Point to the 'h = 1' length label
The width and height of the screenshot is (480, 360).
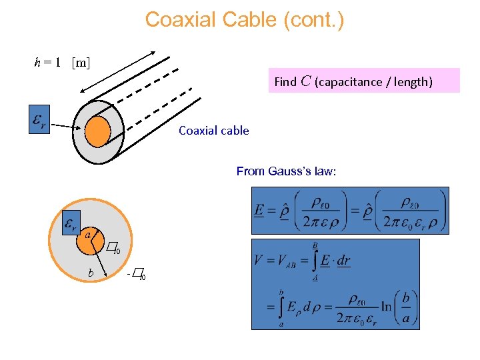click(48, 63)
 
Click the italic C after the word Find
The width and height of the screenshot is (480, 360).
click(305, 81)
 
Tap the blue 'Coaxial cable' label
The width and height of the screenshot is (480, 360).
click(213, 131)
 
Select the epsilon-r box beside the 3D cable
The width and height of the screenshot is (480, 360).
click(39, 119)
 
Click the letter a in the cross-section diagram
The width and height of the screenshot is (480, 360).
click(87, 234)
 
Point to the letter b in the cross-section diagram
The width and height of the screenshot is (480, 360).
click(91, 273)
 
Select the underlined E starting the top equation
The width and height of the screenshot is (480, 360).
click(259, 210)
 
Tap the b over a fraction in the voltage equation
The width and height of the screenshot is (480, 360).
click(406, 306)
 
